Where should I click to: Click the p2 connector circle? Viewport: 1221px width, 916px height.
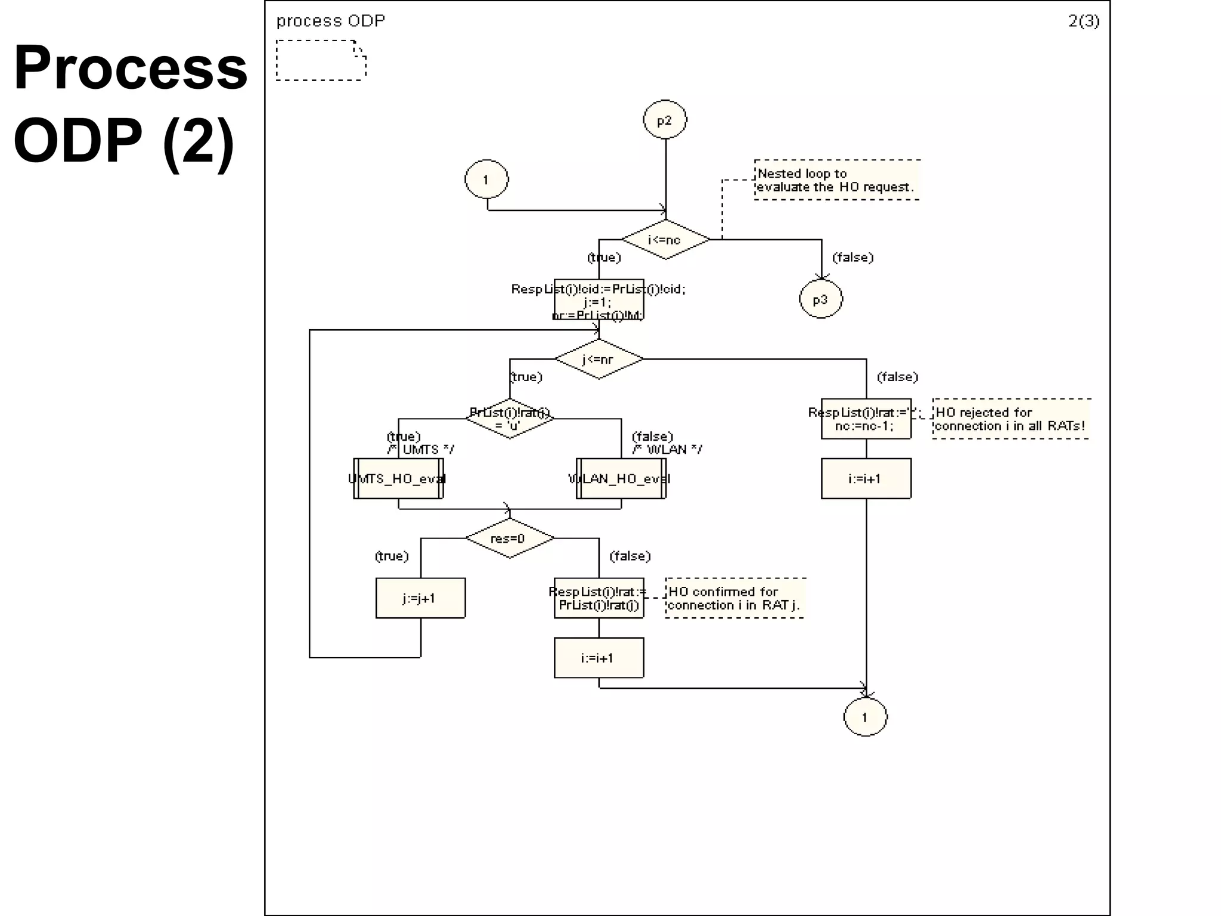click(665, 120)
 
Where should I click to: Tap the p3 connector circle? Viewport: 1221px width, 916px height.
click(821, 299)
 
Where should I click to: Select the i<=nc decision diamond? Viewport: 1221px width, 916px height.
click(665, 240)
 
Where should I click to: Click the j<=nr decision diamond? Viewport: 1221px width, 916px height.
click(599, 359)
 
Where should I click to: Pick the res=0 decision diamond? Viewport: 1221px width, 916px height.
click(510, 538)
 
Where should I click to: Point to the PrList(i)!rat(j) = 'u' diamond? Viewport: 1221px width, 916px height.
click(510, 419)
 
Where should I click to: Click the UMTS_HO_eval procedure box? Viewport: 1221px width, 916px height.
click(398, 478)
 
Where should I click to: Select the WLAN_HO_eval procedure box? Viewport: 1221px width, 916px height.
click(621, 478)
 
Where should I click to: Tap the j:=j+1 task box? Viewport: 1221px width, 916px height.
click(420, 598)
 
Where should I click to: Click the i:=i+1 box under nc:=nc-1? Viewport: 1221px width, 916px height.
click(866, 478)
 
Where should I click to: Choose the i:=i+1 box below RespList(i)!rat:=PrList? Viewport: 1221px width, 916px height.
click(599, 658)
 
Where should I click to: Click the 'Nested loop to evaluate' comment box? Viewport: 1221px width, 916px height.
click(836, 180)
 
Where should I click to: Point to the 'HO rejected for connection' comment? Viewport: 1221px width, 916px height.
click(1011, 419)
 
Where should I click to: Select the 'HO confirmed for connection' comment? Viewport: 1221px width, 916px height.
click(735, 598)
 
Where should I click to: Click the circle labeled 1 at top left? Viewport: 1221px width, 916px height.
click(486, 179)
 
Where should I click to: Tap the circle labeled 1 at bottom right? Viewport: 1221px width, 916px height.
click(865, 717)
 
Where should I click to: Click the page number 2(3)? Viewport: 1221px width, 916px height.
click(1083, 21)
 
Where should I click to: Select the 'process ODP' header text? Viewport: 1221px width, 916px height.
click(330, 21)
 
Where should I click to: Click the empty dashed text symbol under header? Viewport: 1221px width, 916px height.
click(321, 60)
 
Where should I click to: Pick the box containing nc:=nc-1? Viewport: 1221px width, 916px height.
click(866, 419)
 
